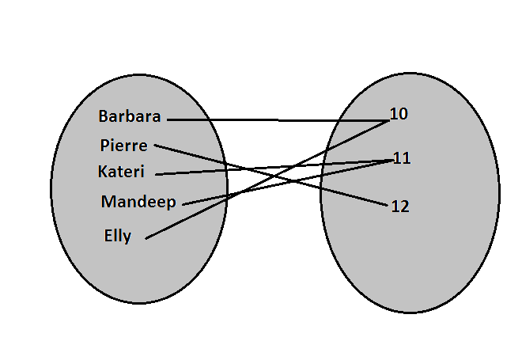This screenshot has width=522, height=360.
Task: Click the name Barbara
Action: pos(130,116)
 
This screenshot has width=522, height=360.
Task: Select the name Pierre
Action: pos(124,146)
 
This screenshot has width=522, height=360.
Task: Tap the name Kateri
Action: pos(121,171)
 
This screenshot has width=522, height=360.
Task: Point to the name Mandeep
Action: pos(138,202)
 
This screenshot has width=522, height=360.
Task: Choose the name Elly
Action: pos(118,235)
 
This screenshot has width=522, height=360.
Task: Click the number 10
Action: pos(399,114)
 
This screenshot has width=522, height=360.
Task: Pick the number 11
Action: pos(402,158)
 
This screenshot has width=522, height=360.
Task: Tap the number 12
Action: pos(400,207)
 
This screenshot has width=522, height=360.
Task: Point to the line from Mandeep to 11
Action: pos(237,193)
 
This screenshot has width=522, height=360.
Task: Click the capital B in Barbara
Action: pos(104,116)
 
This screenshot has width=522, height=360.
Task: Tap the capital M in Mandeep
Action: pos(108,202)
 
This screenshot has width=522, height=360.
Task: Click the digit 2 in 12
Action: pos(404,207)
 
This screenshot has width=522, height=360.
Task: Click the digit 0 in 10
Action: pos(403,114)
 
